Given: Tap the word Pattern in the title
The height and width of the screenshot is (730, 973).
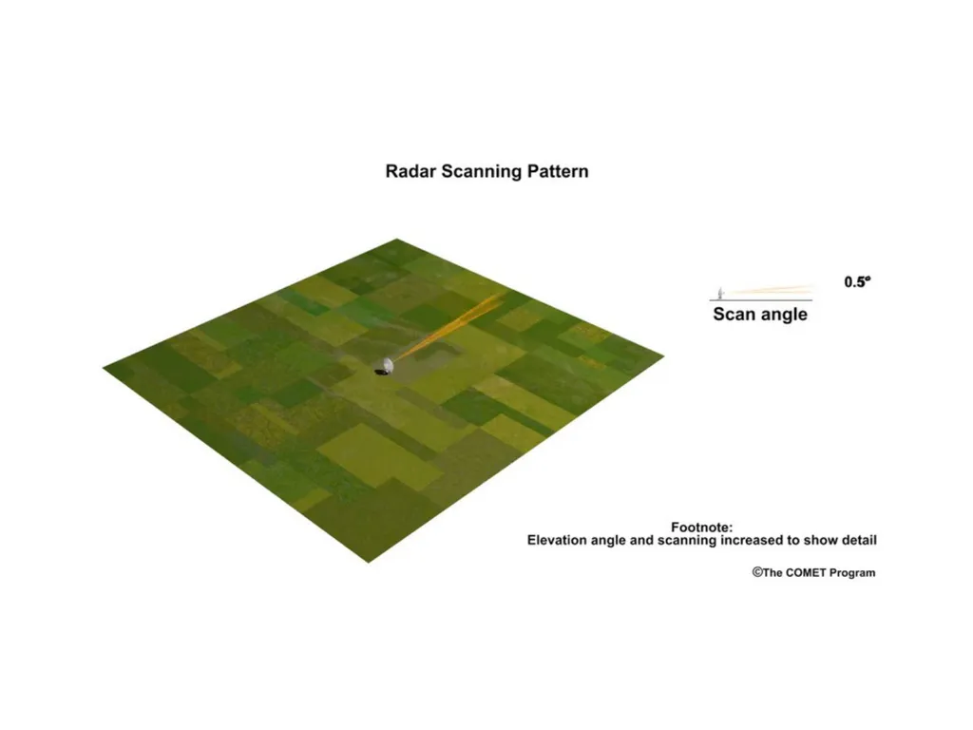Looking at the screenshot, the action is coord(558,171).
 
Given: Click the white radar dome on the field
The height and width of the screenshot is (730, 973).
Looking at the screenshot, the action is coord(388,365).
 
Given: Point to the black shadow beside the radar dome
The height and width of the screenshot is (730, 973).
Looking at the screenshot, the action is coord(382,372).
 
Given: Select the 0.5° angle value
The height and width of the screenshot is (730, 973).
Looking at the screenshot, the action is coord(858,281).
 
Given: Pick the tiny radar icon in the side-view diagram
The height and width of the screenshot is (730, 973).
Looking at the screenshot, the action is coord(720,293).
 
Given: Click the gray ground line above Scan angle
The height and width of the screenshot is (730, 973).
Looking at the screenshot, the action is coord(761,300).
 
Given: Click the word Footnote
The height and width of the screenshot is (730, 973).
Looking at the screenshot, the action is coord(702,528).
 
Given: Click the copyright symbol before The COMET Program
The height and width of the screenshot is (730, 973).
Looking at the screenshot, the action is coord(757,572).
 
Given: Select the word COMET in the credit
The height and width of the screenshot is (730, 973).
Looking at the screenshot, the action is coord(806,573).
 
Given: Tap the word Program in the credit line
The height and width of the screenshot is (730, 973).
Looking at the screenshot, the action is coord(852,573).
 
